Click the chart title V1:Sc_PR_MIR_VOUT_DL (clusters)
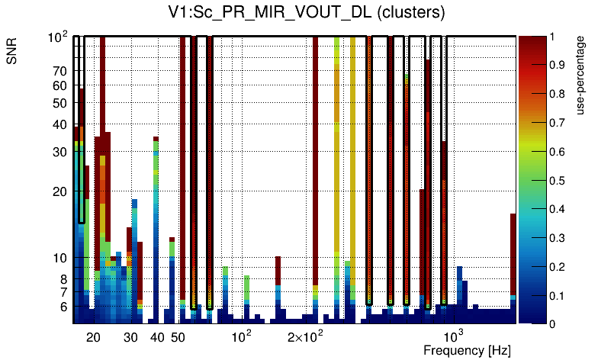[x=307, y=13]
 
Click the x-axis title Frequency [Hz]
[x=467, y=350]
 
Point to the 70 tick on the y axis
[x=59, y=71]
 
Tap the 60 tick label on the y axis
[x=59, y=85]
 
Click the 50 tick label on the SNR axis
[x=59, y=103]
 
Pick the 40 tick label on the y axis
[x=59, y=124]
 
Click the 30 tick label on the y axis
[x=59, y=152]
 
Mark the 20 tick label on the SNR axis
[x=59, y=191]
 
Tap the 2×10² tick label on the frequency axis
[x=305, y=336]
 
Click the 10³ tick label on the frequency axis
[x=453, y=336]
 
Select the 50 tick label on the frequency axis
[x=178, y=337]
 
